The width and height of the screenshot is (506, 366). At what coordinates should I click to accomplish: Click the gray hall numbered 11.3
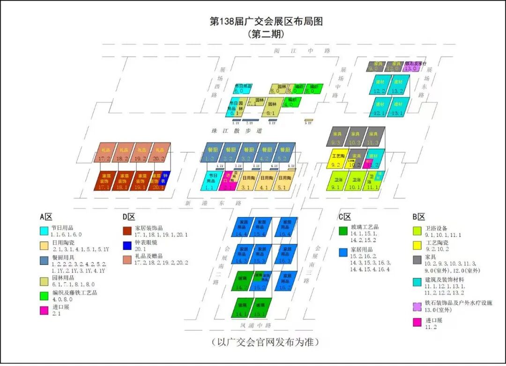pyautogui.click(x=374, y=136)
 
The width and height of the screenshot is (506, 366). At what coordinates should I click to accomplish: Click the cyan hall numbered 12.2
pyautogui.click(x=379, y=85)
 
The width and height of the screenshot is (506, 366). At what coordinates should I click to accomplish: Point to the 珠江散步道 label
pyautogui.click(x=243, y=131)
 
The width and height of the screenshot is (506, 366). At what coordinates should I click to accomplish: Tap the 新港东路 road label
pyautogui.click(x=213, y=204)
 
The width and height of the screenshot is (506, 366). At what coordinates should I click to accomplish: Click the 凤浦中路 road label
pyautogui.click(x=256, y=324)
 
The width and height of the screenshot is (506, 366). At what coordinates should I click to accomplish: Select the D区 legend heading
pyautogui.click(x=128, y=217)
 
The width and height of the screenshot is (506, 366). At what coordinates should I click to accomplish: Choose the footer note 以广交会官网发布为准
pyautogui.click(x=265, y=342)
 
